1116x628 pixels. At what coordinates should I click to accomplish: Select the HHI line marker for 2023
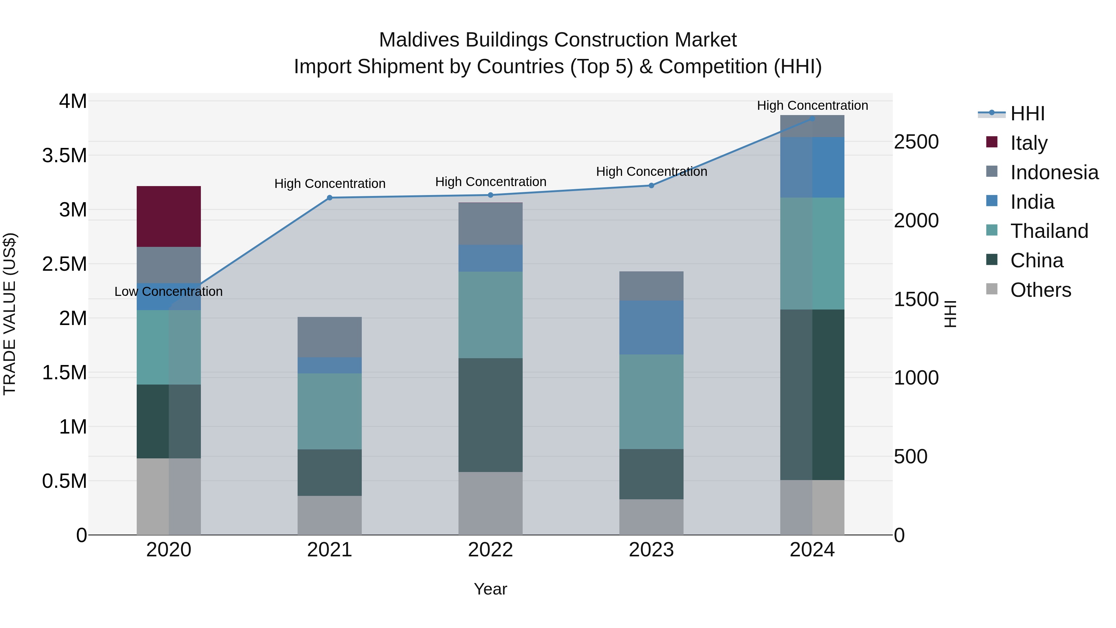pyautogui.click(x=651, y=185)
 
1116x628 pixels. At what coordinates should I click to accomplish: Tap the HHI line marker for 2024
pyautogui.click(x=812, y=119)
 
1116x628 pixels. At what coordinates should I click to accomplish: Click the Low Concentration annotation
pyautogui.click(x=169, y=292)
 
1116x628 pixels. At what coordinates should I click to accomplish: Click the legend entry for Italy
pyautogui.click(x=1029, y=143)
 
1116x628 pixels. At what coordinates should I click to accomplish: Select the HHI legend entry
pyautogui.click(x=1027, y=114)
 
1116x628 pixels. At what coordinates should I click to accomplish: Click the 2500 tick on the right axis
pyautogui.click(x=916, y=142)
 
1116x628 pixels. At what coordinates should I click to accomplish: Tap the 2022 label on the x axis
pyautogui.click(x=490, y=550)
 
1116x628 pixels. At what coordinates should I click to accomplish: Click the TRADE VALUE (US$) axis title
pyautogui.click(x=10, y=314)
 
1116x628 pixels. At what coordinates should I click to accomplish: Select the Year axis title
pyautogui.click(x=490, y=589)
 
